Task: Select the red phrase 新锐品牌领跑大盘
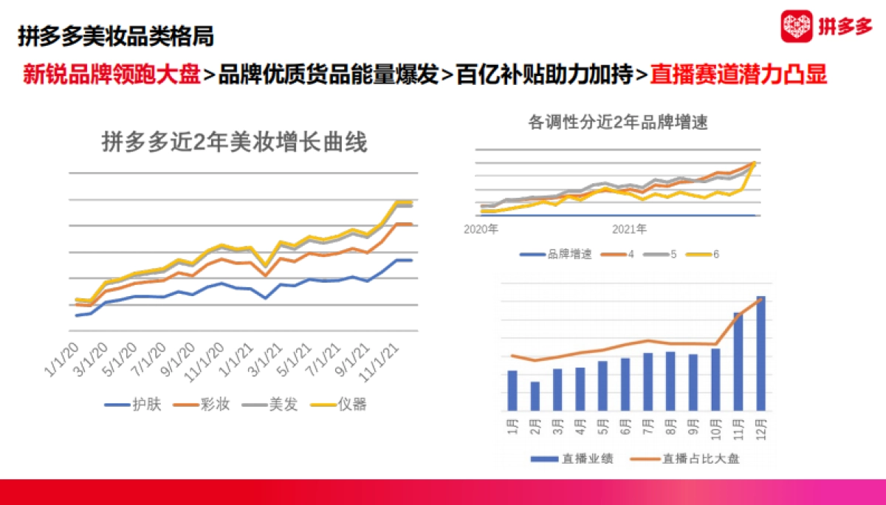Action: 111,75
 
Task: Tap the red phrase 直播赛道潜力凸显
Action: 738,75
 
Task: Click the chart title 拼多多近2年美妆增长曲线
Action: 234,142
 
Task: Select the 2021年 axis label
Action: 629,230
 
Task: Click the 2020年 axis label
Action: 481,230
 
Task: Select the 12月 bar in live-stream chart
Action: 760,354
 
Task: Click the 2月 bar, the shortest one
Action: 535,396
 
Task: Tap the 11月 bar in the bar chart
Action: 738,362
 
